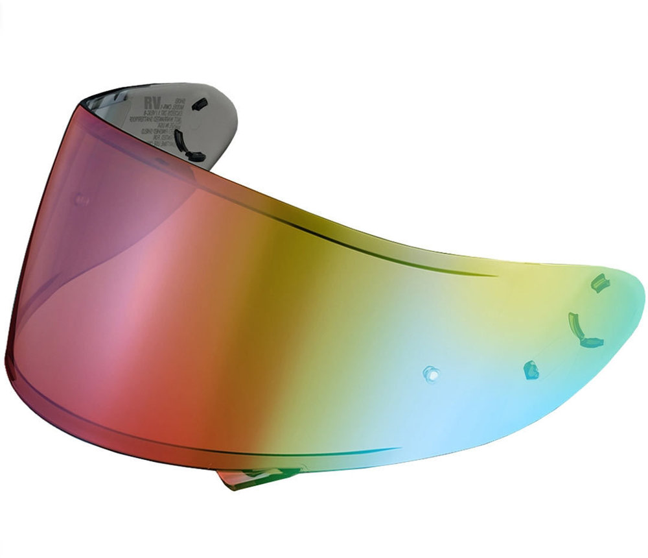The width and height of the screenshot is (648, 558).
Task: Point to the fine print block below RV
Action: click(156, 127)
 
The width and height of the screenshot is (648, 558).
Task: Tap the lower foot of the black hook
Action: click(194, 156)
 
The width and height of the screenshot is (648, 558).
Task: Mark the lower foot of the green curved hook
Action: click(591, 342)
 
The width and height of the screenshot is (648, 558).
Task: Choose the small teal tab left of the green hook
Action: click(531, 370)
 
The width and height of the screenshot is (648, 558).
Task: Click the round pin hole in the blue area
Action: click(430, 373)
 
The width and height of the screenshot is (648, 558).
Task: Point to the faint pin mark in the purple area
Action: click(82, 200)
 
